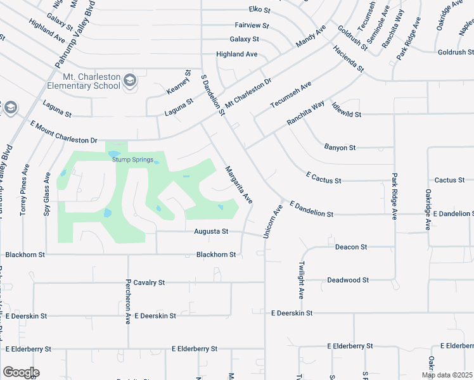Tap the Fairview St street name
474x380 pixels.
pos(252,27)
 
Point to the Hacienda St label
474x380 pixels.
pos(350,58)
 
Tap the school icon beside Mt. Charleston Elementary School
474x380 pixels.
pos(130,80)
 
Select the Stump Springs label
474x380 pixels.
pos(132,160)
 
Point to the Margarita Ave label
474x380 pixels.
pos(239,184)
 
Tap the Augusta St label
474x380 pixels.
pos(212,232)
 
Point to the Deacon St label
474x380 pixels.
pos(351,247)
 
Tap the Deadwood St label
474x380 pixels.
pos(348,280)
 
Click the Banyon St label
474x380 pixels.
pos(340,148)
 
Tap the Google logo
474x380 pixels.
pos(21,372)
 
